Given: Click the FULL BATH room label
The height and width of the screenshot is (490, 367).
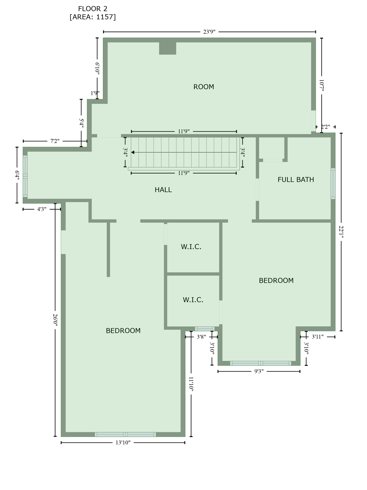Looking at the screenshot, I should coord(296,180).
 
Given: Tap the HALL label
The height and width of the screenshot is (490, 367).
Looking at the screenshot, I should coord(163,190).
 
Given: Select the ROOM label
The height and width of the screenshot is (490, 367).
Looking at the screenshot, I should coord(204,87).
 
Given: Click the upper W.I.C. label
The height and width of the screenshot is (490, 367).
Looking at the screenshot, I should coord(191,247).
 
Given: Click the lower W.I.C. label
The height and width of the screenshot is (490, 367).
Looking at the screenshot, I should coord(193,300).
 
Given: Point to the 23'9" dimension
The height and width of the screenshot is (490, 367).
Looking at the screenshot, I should coord(209,32).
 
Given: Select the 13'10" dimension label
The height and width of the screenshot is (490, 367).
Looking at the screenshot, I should coord(123,442).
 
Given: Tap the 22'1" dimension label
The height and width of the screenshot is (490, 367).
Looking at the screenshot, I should coord(341,232).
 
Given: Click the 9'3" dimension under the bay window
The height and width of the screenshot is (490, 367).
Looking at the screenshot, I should coord(259,371).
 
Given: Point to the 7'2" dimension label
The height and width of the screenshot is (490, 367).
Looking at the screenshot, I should coord(55,141).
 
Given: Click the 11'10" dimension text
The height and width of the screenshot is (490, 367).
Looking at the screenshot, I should coord(191,384).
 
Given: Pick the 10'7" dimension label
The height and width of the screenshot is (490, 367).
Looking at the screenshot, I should coord(321,85).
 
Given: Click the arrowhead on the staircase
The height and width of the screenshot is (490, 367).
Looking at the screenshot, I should coord(133,152).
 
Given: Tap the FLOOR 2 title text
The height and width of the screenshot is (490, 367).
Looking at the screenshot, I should coord(93,9).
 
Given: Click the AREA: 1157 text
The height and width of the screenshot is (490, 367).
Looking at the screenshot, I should coord(93,17).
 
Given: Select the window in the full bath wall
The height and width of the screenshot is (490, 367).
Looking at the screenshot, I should coord(333,183).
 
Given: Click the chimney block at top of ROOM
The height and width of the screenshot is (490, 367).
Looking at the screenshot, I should coord(168,48).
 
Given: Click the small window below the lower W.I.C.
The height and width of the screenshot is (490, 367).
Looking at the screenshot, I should coord(205,329).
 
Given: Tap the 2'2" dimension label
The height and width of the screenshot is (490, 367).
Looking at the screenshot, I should coord(325,127).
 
